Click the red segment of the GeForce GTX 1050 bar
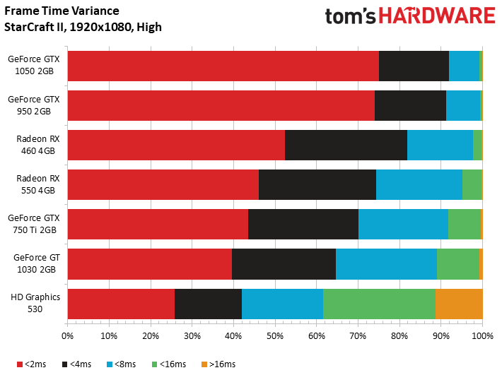[223, 66]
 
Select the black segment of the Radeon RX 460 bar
[346, 145]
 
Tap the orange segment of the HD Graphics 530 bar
[459, 303]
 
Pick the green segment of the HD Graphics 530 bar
[379, 303]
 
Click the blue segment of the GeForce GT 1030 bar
[386, 263]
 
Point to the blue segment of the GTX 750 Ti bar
[403, 224]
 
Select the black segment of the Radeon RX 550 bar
[317, 184]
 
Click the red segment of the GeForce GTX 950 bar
[221, 105]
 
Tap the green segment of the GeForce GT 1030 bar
[457, 263]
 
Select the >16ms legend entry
[219, 364]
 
